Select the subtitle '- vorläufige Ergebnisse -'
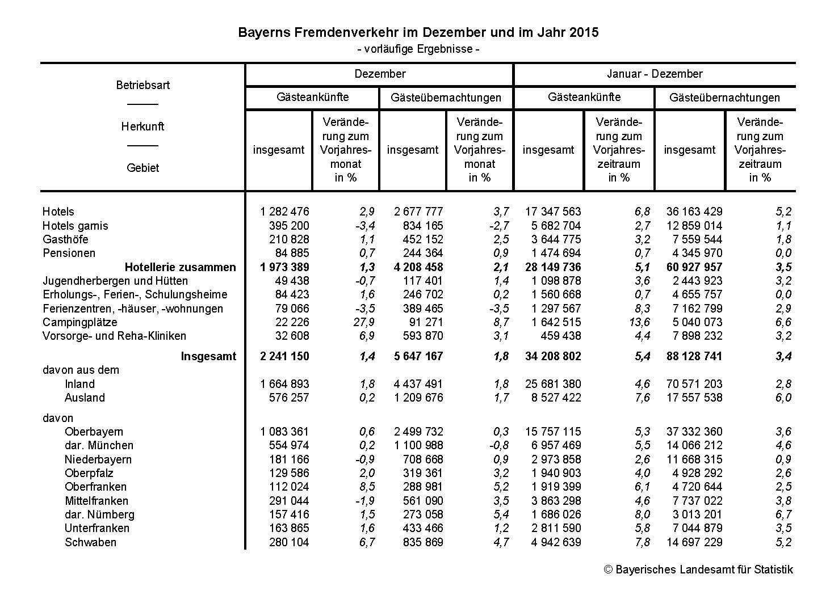(x=418, y=49)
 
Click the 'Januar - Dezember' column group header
(x=655, y=74)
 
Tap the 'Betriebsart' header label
(x=143, y=85)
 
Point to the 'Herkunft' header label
(x=142, y=126)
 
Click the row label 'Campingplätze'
(x=80, y=322)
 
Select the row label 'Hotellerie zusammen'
(x=180, y=267)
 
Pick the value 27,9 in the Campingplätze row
(x=364, y=322)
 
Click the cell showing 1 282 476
(x=285, y=212)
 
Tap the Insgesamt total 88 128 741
(x=694, y=356)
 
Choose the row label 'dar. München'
(x=99, y=445)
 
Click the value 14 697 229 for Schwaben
(x=694, y=542)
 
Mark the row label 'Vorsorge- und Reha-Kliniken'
(x=114, y=336)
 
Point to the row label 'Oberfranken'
(x=95, y=487)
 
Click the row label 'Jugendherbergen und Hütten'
(x=115, y=281)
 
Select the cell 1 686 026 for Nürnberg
(x=554, y=514)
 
